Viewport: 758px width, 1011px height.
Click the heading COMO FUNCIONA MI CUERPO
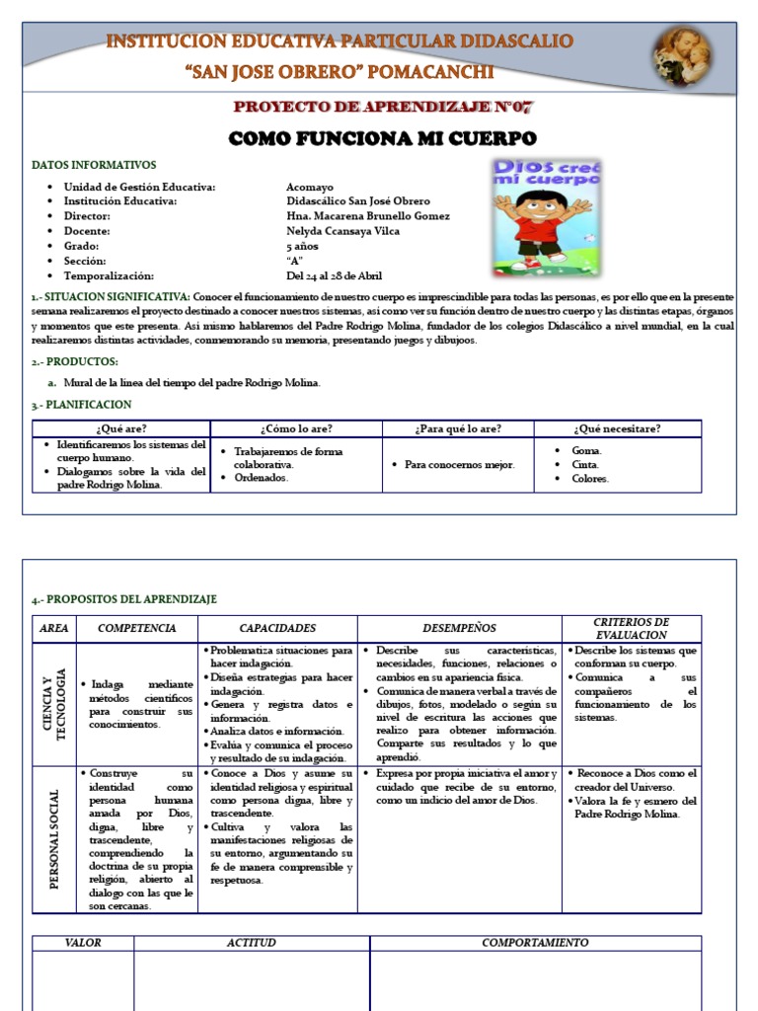tap(382, 137)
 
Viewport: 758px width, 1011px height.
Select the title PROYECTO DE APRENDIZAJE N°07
tap(382, 107)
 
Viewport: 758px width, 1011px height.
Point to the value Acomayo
tap(309, 187)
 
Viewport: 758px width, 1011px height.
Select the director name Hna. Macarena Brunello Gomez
tap(367, 216)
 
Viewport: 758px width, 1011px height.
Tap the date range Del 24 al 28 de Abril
tap(334, 275)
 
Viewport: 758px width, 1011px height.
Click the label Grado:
tap(82, 246)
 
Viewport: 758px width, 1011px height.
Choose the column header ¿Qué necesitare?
tap(617, 428)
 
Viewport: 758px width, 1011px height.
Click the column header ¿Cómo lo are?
tap(296, 428)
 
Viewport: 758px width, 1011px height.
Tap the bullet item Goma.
tap(586, 450)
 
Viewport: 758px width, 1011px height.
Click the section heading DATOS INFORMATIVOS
tap(94, 165)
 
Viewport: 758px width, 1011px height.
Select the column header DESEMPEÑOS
tap(459, 628)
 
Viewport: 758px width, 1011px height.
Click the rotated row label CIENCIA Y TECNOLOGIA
tap(55, 704)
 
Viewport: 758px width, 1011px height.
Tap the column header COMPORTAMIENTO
tap(535, 943)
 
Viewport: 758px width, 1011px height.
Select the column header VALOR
tap(83, 943)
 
